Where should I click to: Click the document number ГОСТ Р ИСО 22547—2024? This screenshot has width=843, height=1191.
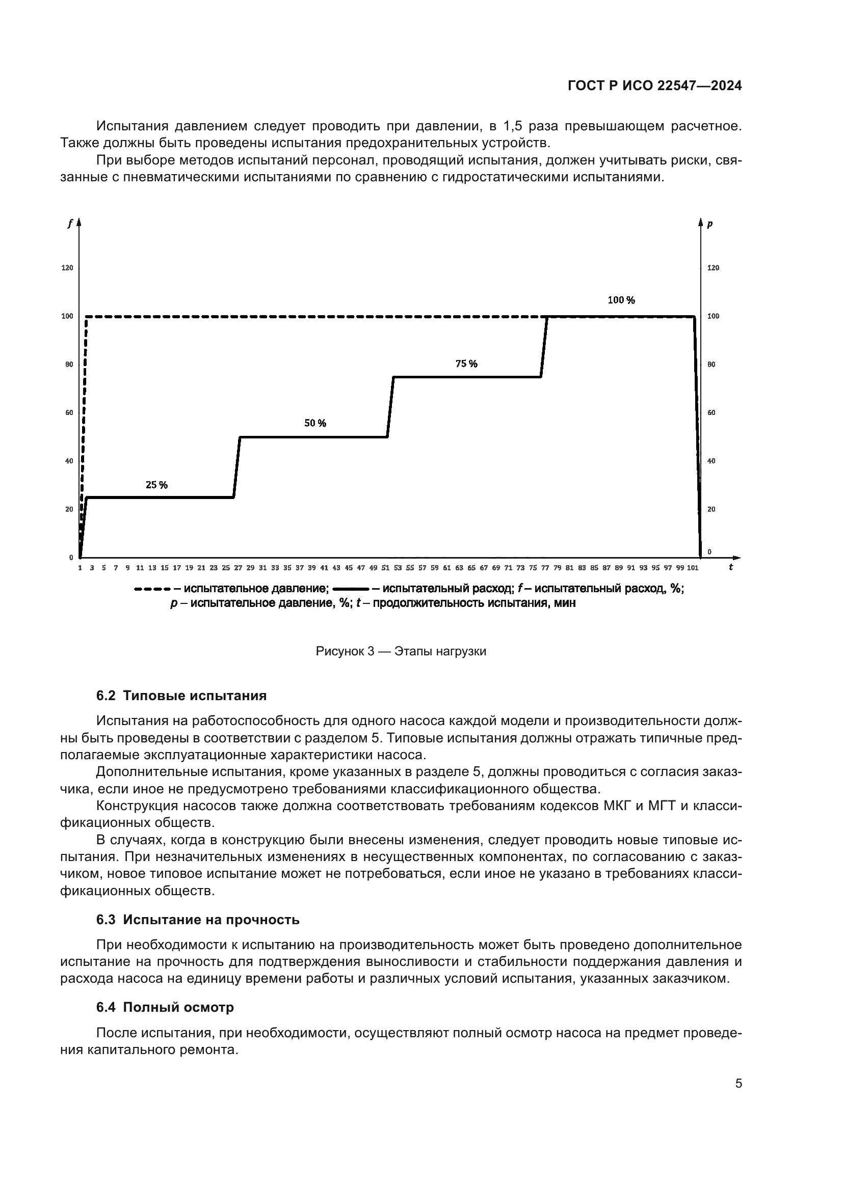tap(654, 86)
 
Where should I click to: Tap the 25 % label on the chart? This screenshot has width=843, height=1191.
tap(156, 485)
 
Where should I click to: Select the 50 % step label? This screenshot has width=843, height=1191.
tap(315, 423)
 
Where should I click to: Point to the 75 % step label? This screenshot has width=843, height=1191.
tap(466, 364)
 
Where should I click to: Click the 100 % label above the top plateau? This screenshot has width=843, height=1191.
tap(621, 300)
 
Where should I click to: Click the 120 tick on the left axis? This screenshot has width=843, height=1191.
tap(67, 268)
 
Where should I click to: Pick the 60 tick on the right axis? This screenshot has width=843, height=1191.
tap(711, 412)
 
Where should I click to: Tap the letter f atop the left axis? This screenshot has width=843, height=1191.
tap(69, 224)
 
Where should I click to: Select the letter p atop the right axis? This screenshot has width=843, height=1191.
tap(709, 224)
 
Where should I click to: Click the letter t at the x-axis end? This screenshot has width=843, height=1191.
tap(731, 567)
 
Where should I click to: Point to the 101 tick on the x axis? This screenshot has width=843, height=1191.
tap(693, 568)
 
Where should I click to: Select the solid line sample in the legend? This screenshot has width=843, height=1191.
tap(350, 589)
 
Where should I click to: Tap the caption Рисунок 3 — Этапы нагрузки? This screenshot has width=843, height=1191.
tap(401, 651)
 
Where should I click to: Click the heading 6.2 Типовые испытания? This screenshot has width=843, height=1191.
tap(181, 696)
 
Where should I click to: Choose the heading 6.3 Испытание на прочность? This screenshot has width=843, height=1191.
tap(198, 920)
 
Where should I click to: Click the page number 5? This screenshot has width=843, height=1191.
tap(739, 1084)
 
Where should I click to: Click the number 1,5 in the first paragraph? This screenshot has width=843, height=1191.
tap(513, 126)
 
